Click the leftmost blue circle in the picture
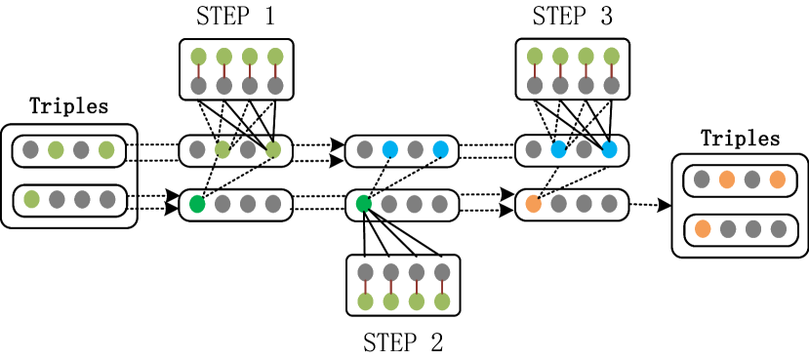(390, 149)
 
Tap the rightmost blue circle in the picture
(609, 149)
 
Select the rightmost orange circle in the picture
(777, 180)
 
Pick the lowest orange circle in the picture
(703, 228)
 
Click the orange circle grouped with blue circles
(533, 204)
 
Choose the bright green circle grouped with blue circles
(363, 204)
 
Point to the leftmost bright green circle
(197, 204)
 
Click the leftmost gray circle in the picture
(30, 149)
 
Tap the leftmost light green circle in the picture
(31, 199)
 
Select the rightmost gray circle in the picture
(778, 228)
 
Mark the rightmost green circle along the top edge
(611, 57)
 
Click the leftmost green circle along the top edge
(198, 57)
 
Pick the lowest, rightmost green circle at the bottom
(442, 301)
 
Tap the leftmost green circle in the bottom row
(365, 301)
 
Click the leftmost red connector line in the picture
(198, 71)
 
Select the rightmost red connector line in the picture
(611, 71)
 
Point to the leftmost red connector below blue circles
(365, 287)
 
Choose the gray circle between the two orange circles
(751, 180)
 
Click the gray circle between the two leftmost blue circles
(415, 149)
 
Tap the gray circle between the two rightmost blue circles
(584, 149)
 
